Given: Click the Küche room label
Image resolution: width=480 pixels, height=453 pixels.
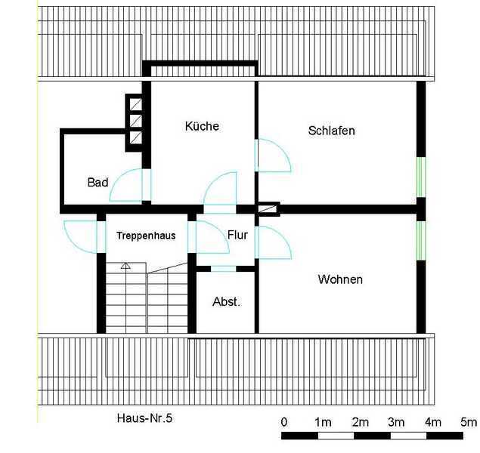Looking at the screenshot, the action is pyautogui.click(x=202, y=126).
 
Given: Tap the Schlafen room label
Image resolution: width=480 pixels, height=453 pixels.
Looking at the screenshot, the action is pyautogui.click(x=332, y=131).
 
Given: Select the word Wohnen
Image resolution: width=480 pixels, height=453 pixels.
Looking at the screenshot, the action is pyautogui.click(x=340, y=279).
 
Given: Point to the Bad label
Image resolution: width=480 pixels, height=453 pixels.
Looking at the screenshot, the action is pyautogui.click(x=98, y=182).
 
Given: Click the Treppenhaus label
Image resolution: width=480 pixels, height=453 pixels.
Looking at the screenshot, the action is pyautogui.click(x=146, y=236).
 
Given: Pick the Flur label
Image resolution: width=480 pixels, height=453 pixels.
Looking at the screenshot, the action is pyautogui.click(x=237, y=235).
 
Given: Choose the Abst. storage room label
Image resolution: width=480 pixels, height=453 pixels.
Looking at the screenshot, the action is pyautogui.click(x=227, y=302).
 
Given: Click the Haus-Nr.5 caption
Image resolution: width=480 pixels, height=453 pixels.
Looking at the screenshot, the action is pyautogui.click(x=144, y=418).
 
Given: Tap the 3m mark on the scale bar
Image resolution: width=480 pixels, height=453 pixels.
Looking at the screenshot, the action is pyautogui.click(x=396, y=422).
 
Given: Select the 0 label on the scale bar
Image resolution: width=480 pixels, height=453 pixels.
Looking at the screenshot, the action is pyautogui.click(x=284, y=422).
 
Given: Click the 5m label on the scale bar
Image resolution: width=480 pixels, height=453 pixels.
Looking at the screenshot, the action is pyautogui.click(x=469, y=422).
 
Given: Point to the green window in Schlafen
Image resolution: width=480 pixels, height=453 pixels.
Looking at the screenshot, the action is pyautogui.click(x=421, y=177).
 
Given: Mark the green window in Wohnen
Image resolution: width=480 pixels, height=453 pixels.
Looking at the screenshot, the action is pyautogui.click(x=421, y=241).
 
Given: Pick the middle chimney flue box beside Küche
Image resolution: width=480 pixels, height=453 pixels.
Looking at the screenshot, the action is pyautogui.click(x=135, y=121).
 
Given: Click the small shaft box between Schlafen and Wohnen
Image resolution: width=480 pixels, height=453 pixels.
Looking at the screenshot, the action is pyautogui.click(x=268, y=209).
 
